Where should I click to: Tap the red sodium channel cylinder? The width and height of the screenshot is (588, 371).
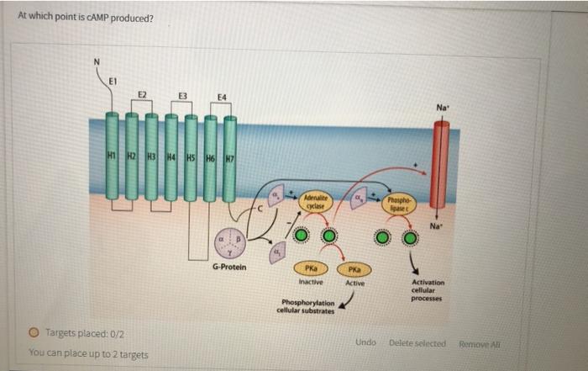point(440,164)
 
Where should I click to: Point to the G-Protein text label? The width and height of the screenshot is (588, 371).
point(228,268)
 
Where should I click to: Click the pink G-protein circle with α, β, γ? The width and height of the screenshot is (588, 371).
point(228,242)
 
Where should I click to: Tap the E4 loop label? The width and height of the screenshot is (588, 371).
point(220,98)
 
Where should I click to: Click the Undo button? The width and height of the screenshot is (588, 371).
point(365,342)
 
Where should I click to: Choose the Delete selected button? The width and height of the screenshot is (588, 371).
point(417,342)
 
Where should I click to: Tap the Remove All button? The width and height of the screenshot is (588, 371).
point(478,342)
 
